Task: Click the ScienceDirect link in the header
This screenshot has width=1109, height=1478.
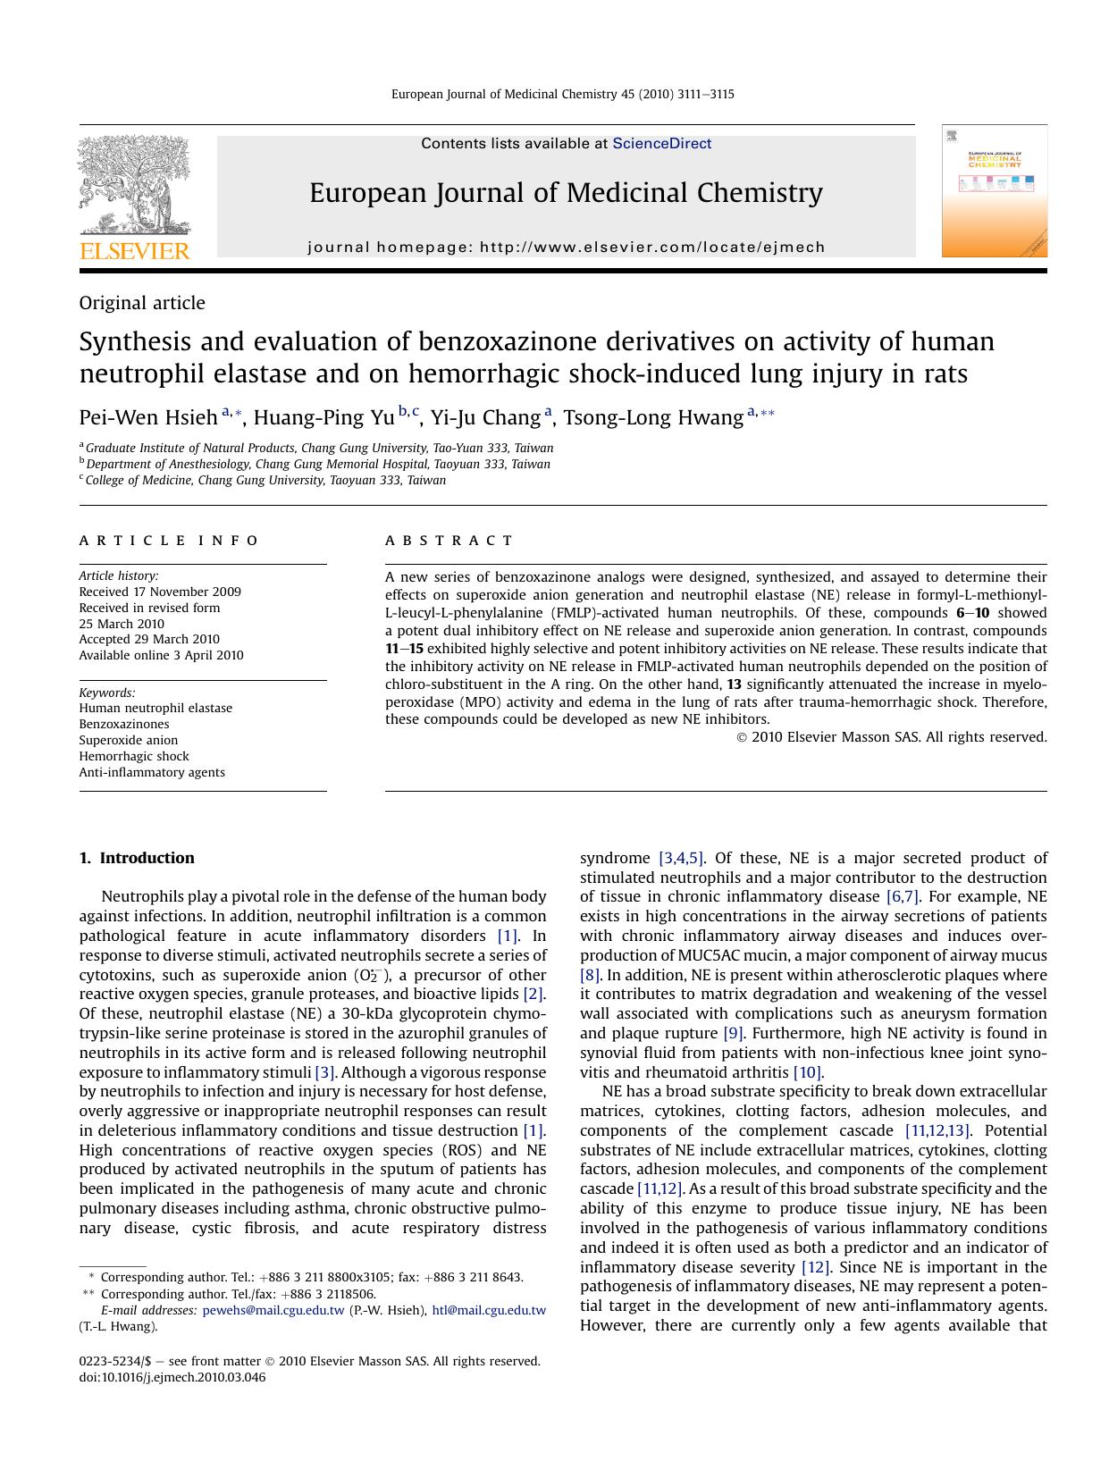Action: (661, 143)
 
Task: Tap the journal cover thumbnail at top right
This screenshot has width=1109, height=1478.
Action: (994, 191)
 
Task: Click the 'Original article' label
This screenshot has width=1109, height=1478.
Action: (142, 303)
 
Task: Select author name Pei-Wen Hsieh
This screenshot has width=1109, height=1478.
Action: (148, 417)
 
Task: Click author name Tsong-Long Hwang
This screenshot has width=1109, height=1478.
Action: (653, 417)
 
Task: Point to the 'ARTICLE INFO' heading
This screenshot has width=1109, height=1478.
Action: (169, 541)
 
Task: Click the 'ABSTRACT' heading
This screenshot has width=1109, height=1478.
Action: (449, 541)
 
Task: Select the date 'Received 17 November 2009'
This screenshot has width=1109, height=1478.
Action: (160, 592)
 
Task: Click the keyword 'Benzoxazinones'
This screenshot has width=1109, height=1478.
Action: (123, 724)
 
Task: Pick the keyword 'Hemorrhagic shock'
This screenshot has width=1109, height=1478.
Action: (134, 756)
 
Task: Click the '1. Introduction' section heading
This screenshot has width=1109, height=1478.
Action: (137, 858)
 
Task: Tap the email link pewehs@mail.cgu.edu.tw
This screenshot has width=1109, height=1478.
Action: (273, 1310)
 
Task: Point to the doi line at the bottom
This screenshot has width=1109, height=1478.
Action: (172, 1377)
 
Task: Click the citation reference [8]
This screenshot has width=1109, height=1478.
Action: (590, 975)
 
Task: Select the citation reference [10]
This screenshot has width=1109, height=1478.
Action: (806, 1072)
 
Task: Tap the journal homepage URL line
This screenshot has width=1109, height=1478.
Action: (567, 247)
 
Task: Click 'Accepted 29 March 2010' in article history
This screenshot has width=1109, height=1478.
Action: (149, 639)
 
